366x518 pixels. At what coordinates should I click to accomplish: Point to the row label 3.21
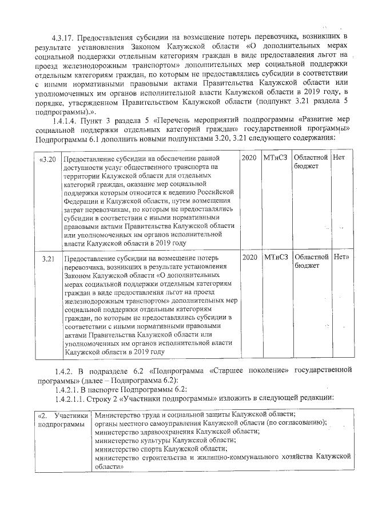pyautogui.click(x=48, y=258)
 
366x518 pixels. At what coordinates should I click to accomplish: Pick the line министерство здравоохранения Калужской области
pyautogui.click(x=177, y=432)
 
